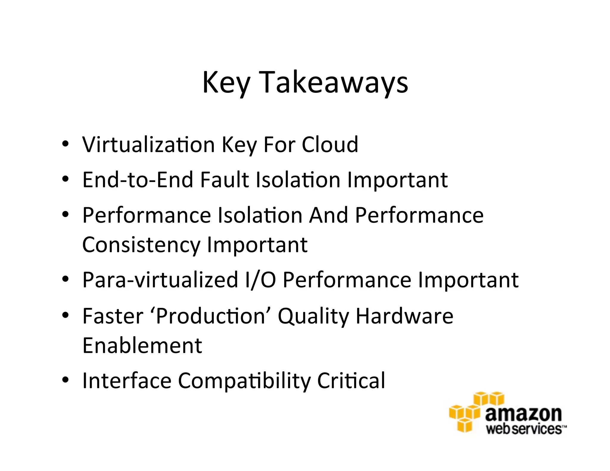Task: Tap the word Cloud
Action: pos(330,145)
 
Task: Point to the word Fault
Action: pos(224,180)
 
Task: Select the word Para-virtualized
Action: pos(160,280)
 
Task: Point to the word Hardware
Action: pos(404,316)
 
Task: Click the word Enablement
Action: pos(142,346)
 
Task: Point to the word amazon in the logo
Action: pos(523,414)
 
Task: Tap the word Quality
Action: pos(313,316)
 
